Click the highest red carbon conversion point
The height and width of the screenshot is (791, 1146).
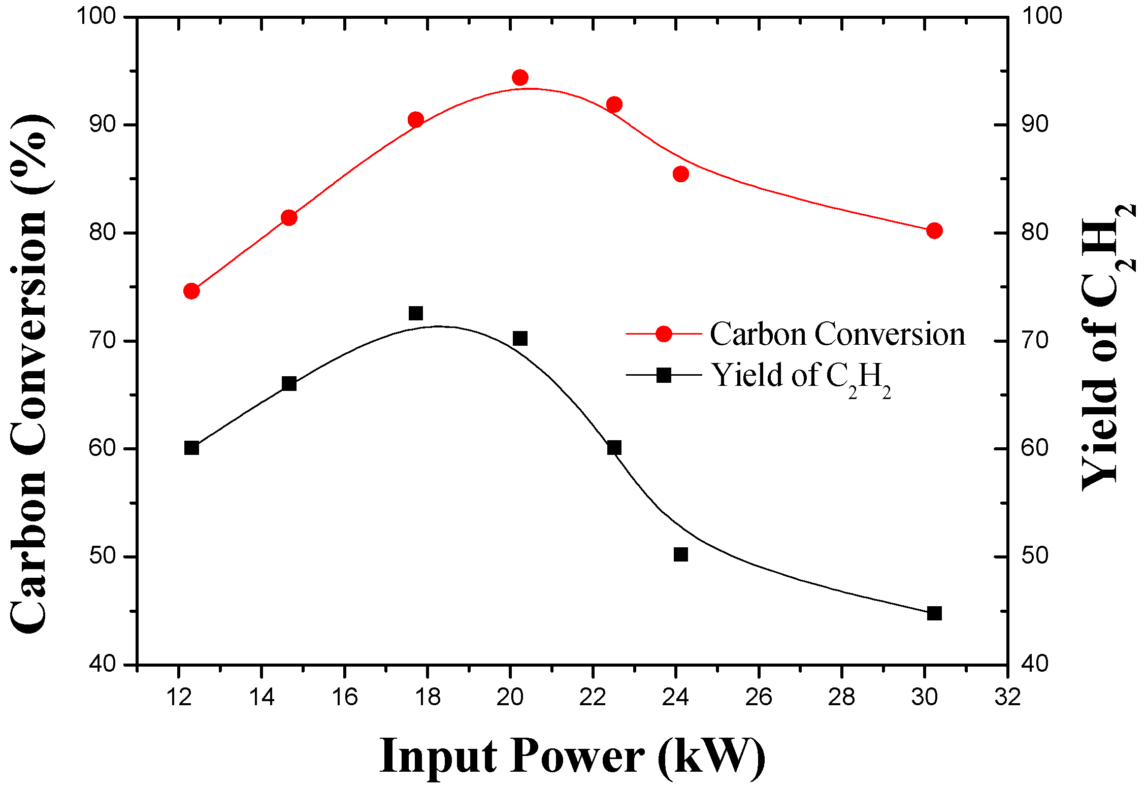pos(520,78)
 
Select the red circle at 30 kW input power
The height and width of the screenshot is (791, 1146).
pos(934,231)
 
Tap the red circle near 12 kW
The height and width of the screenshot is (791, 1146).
pos(191,291)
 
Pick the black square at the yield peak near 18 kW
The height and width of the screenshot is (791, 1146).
pos(416,313)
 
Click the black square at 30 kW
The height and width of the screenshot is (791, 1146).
pos(934,613)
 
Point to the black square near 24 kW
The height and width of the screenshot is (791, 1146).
pos(681,554)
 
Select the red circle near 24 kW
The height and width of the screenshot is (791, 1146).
pos(681,174)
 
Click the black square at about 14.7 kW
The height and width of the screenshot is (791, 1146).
pos(289,383)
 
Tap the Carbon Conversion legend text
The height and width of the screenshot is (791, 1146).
pos(837,335)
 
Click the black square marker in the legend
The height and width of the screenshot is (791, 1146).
pos(664,375)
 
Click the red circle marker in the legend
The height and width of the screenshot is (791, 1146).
pos(664,334)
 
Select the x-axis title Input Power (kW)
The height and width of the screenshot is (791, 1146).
pos(572,756)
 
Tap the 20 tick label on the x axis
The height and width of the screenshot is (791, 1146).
pos(510,698)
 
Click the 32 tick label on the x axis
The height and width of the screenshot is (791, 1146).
pos(1007,698)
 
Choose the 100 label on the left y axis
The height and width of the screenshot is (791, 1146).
pos(103,16)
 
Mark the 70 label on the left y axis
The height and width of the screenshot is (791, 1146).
pos(103,340)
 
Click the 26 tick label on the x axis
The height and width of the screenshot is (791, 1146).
pos(759,698)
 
